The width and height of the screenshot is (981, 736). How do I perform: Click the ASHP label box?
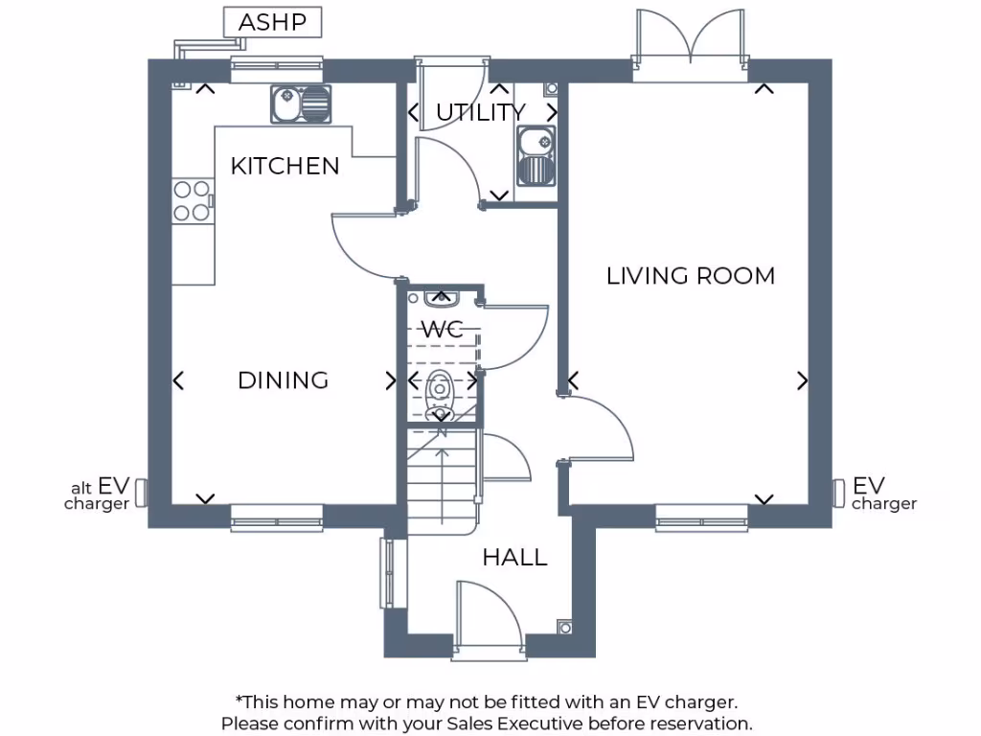[x=272, y=22]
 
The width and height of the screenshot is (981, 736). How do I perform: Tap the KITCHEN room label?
[x=285, y=166]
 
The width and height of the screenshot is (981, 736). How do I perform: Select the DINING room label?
[x=283, y=380]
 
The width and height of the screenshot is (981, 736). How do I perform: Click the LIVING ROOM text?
[x=690, y=276]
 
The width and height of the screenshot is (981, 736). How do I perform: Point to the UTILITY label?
[x=480, y=113]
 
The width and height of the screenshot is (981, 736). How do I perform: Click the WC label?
[x=443, y=330]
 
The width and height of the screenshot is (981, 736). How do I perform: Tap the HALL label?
[x=514, y=557]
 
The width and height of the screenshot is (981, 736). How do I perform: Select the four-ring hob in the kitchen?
[x=191, y=201]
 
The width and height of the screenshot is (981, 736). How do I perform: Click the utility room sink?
[x=535, y=157]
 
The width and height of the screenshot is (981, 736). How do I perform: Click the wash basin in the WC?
[x=442, y=298]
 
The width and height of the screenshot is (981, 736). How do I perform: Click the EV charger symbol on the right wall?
[x=838, y=493]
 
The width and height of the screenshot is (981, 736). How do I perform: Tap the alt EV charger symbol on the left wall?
[x=141, y=493]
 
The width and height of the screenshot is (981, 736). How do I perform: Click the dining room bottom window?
[x=277, y=522]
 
